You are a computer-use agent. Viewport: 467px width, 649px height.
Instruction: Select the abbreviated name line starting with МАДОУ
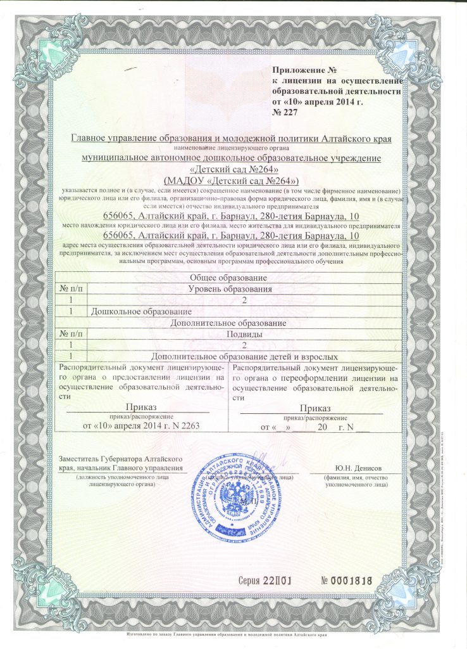click(x=235, y=179)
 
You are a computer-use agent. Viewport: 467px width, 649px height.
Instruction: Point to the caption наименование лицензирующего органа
click(x=235, y=147)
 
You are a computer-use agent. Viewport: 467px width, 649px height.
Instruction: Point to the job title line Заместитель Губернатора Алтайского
click(x=121, y=458)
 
